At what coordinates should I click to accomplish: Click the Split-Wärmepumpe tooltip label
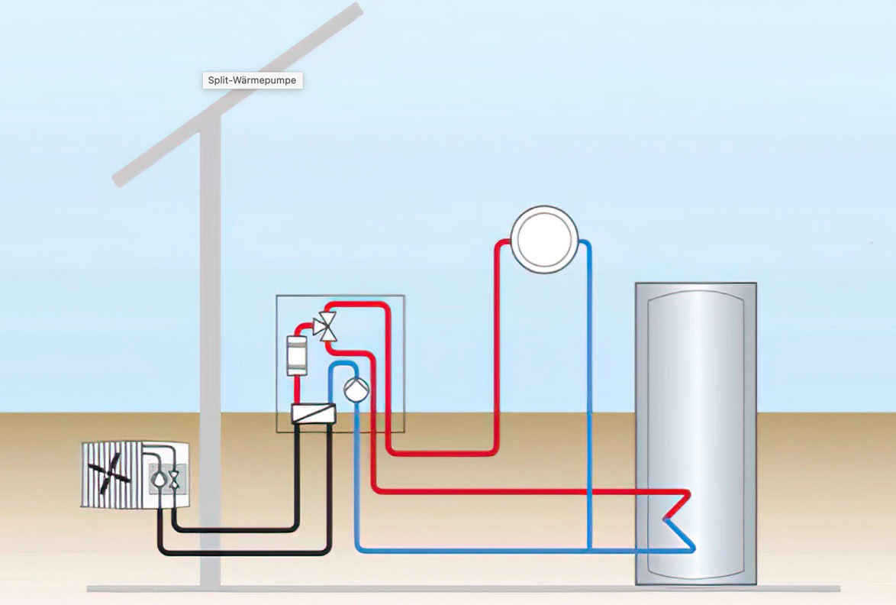252,80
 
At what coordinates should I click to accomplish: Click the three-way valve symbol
326,327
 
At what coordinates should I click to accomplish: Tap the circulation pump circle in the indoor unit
356,389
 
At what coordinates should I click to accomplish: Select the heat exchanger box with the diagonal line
313,413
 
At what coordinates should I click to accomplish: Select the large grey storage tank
696,433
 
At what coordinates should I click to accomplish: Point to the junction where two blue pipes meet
589,550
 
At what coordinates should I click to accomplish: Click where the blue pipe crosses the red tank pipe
589,491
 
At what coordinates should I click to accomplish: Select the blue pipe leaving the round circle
589,395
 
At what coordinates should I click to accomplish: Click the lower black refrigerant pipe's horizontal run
244,552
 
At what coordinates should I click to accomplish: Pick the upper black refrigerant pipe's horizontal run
235,529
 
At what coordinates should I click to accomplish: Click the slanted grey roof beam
237,95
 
